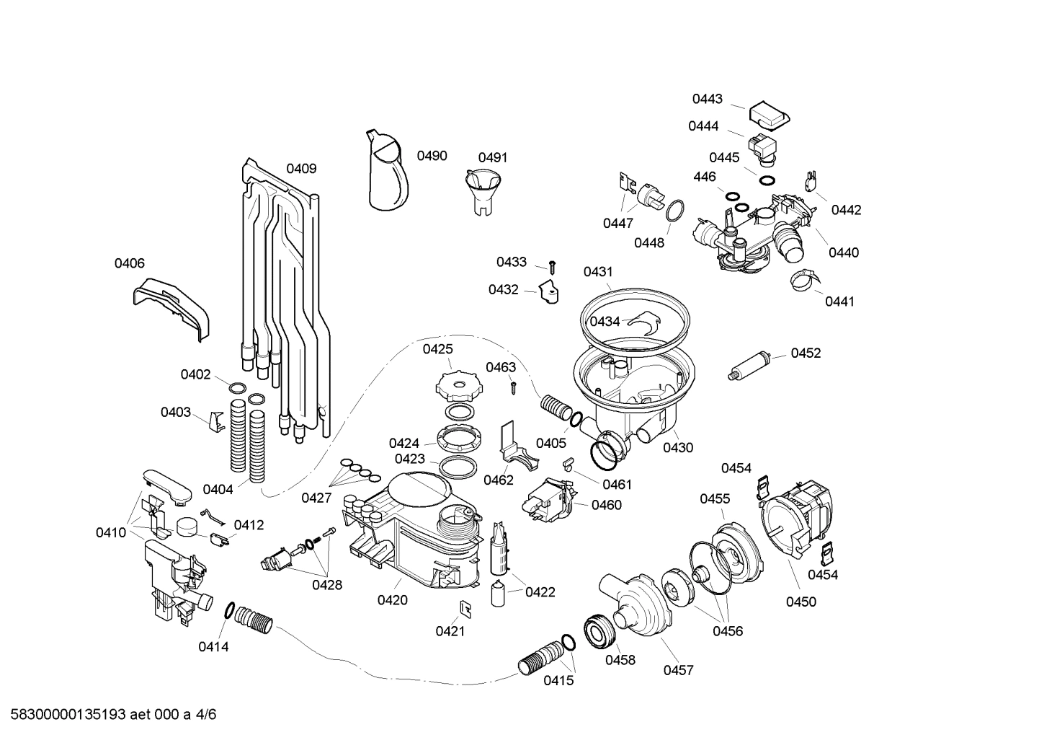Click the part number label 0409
coord(301,169)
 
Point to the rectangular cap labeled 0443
coord(769,115)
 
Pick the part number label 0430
coord(677,447)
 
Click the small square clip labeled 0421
coord(465,609)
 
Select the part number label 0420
coord(392,599)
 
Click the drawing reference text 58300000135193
coord(65,715)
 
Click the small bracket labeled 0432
coord(549,293)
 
